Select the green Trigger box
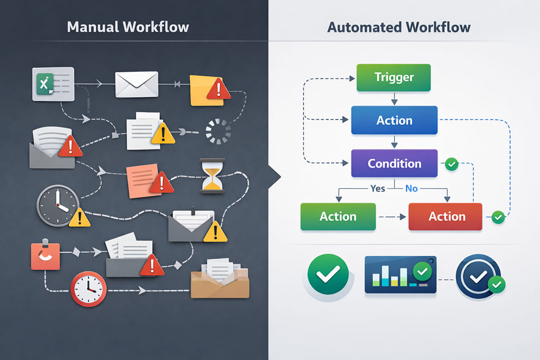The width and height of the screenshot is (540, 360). pos(393,77)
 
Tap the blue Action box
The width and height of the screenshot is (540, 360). pos(394,120)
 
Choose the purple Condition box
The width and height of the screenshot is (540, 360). pos(394,164)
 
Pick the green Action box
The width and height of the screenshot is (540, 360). pos(338,216)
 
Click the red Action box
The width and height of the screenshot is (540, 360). pos(445,216)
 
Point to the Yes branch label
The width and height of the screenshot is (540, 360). pos(378,189)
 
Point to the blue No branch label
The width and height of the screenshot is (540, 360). pos(411,189)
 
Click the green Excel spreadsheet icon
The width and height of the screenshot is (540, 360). pos(45,83)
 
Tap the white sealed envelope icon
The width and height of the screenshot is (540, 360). pos(137,84)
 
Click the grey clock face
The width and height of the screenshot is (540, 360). pos(58,205)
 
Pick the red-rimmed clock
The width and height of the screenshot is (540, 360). pos(88,289)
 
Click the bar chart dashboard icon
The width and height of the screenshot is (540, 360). pos(400,274)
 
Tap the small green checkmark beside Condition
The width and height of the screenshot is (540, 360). pos(451,164)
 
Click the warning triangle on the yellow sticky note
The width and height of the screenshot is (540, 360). pos(218,91)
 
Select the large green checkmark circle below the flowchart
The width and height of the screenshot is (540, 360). pos(324,272)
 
